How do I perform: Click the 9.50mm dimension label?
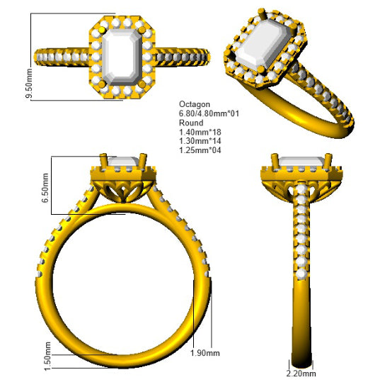[x=28, y=84]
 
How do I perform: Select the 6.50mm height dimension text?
[x=45, y=188]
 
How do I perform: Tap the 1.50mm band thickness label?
[x=47, y=356]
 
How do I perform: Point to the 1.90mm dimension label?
[x=205, y=353]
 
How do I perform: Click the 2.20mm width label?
[x=301, y=373]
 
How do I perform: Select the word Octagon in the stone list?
[x=195, y=105]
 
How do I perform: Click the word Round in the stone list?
[x=191, y=123]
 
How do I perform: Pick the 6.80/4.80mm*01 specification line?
[x=209, y=113]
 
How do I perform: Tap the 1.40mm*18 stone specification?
[x=200, y=132]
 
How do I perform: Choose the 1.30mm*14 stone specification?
[x=200, y=141]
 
